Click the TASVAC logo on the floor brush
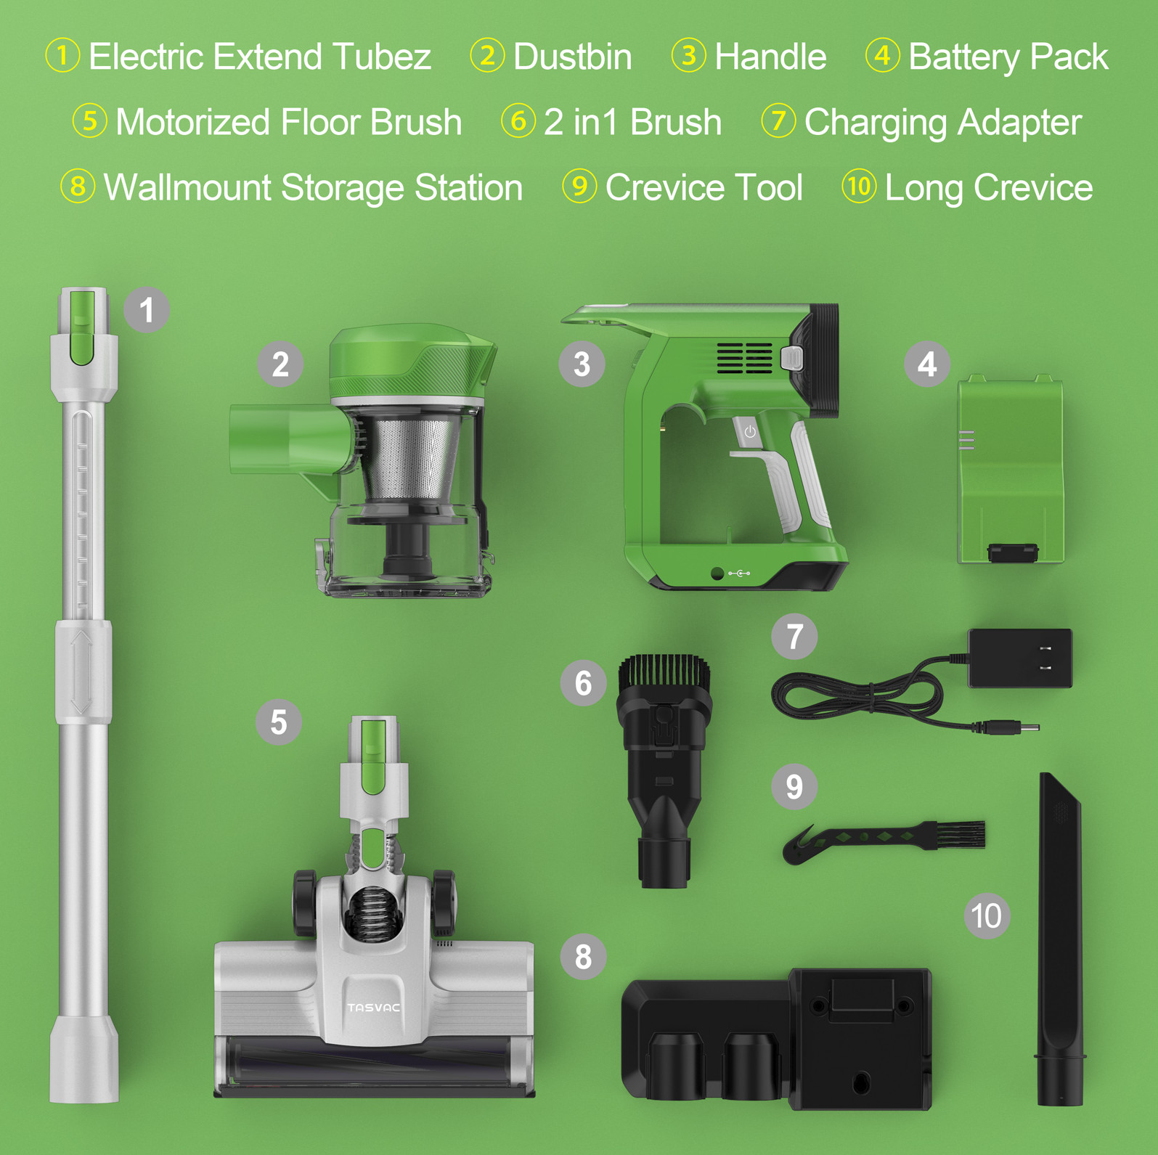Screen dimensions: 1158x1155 [x=373, y=1008]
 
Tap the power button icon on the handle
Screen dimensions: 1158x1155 [x=750, y=432]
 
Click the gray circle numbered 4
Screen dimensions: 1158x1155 [x=927, y=364]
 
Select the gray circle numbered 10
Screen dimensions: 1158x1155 [x=987, y=915]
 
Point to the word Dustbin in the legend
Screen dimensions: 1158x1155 [x=572, y=57]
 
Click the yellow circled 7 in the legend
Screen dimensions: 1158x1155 [x=778, y=121]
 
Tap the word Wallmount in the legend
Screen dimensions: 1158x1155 [x=187, y=187]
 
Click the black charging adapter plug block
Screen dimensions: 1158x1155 [x=1020, y=658]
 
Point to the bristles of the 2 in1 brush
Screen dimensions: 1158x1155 [x=664, y=673]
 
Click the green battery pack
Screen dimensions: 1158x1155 [x=1010, y=470]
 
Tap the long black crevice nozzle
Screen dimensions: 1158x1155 [x=1061, y=939]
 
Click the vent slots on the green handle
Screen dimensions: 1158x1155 [x=744, y=358]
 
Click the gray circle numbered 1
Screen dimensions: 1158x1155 [x=147, y=309]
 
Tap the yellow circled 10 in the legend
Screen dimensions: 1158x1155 [x=859, y=187]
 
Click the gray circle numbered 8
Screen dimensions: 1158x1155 [x=583, y=957]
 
